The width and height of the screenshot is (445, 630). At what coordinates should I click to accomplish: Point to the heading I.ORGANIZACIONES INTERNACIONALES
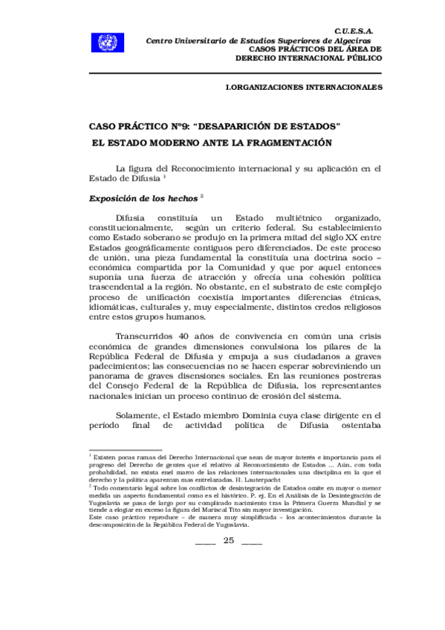tap(304, 87)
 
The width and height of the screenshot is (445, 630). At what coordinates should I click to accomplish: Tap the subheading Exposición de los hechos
tap(143, 199)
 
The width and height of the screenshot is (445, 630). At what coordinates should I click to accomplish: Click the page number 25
tap(228, 540)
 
